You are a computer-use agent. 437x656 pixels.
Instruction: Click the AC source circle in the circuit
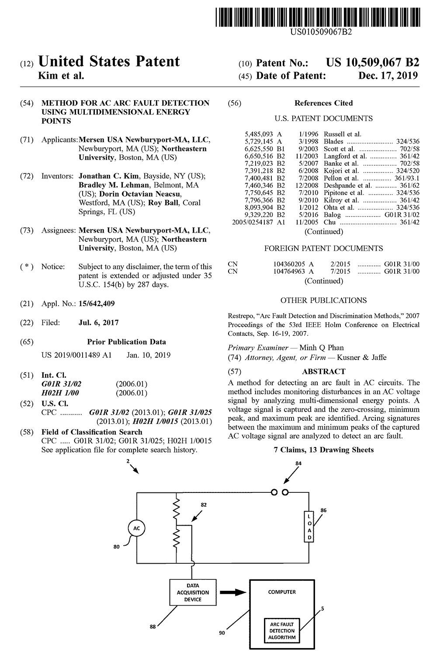[x=136, y=528]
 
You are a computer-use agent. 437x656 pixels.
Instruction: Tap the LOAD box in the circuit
[x=309, y=527]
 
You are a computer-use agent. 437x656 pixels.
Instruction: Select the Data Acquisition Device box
[x=193, y=593]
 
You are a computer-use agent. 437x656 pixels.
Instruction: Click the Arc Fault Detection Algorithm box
[x=282, y=631]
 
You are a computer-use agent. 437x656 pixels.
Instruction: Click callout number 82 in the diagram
[x=204, y=504]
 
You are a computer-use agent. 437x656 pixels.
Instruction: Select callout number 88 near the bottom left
[x=153, y=626]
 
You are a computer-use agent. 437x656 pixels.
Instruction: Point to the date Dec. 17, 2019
[x=388, y=75]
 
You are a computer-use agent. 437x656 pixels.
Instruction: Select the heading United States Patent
[x=109, y=62]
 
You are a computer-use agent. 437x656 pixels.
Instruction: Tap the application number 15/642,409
[x=97, y=304]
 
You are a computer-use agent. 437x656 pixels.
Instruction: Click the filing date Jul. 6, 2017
[x=98, y=323]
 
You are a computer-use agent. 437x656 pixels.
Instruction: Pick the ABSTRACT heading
[x=323, y=371]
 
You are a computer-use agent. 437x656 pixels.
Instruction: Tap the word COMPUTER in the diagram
[x=282, y=592]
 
